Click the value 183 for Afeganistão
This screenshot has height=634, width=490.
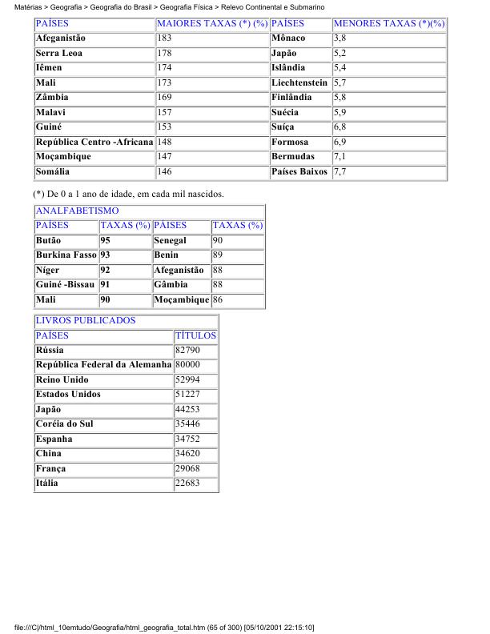(x=164, y=38)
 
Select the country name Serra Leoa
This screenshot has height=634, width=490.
(x=59, y=54)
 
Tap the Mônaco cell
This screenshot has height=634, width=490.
(x=288, y=38)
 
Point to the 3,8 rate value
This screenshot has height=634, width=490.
(x=339, y=38)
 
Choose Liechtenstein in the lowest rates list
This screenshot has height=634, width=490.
(x=299, y=83)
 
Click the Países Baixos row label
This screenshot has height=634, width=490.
(x=299, y=172)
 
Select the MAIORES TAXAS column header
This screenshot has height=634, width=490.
(x=211, y=24)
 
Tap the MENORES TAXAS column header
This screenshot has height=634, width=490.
(x=388, y=24)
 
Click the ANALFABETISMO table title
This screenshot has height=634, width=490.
(x=77, y=211)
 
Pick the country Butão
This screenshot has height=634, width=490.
(x=48, y=240)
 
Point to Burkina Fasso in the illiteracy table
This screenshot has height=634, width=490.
(x=66, y=255)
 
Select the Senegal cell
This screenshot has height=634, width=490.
(x=170, y=240)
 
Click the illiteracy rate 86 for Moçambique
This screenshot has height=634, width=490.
(x=218, y=300)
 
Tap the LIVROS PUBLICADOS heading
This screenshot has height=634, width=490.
(x=86, y=320)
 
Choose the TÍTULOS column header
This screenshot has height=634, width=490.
(x=195, y=335)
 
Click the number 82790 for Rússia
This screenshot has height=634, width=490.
(x=187, y=351)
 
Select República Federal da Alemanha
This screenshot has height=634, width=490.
(x=103, y=365)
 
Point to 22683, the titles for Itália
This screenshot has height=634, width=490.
(x=187, y=484)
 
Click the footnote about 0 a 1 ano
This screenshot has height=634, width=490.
(x=128, y=194)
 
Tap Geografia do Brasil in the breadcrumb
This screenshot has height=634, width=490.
(x=120, y=6)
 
